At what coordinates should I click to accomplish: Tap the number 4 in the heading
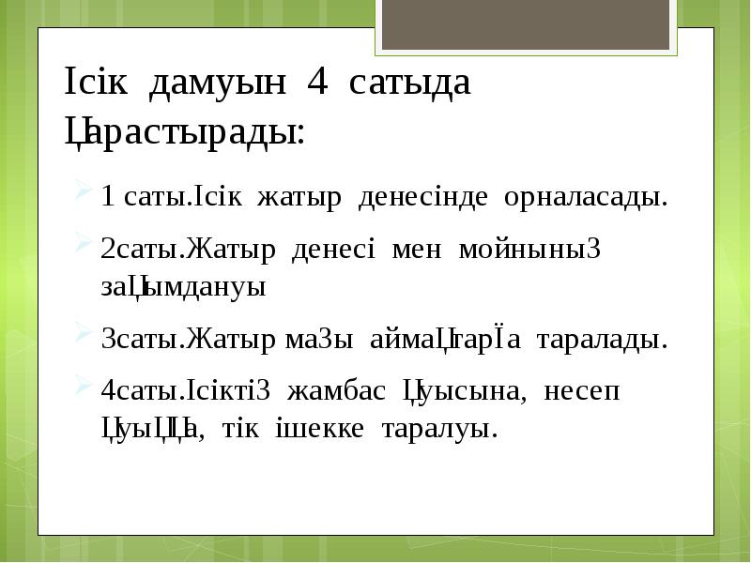point(316,84)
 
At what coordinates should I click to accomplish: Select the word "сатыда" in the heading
point(409,84)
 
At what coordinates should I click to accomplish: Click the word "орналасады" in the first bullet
point(585,198)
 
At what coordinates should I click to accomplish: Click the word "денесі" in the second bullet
point(333,251)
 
